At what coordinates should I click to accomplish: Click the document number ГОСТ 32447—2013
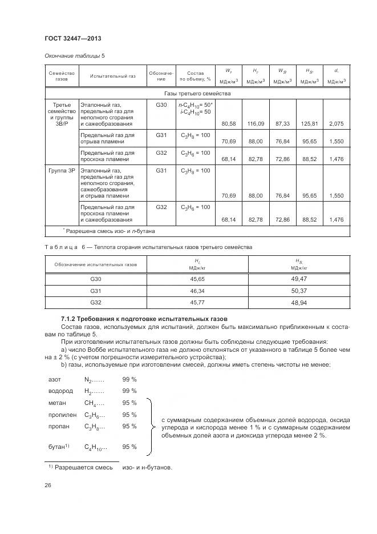(x=69, y=38)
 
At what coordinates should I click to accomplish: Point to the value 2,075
(x=337, y=124)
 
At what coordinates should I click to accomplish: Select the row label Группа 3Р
(x=62, y=171)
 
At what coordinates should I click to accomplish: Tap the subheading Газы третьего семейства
(x=197, y=93)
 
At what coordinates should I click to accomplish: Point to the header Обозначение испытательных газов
(x=95, y=264)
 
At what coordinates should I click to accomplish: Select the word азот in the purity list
(x=55, y=379)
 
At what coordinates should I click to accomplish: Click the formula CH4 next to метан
(x=92, y=403)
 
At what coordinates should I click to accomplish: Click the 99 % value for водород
(x=129, y=391)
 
